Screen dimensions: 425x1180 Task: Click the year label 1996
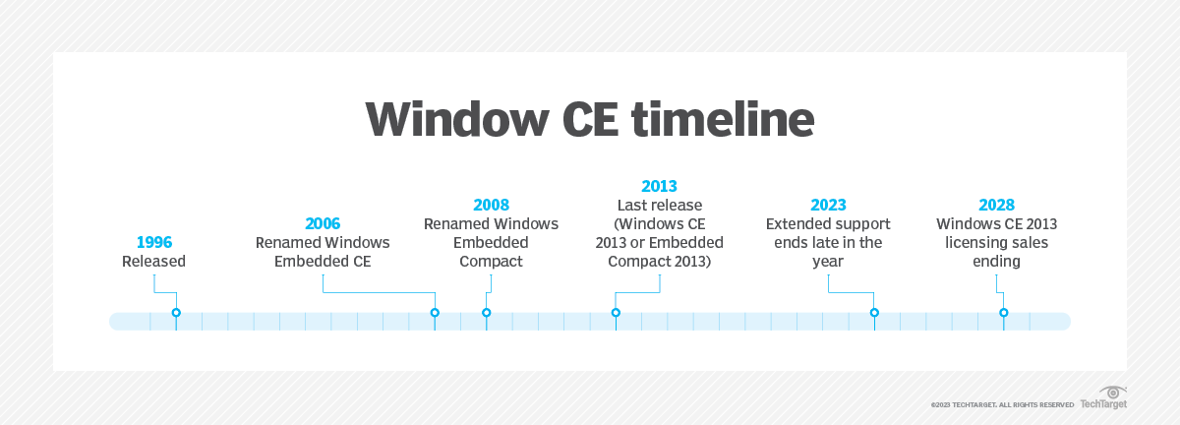coord(153,242)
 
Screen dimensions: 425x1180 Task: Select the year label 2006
coord(323,223)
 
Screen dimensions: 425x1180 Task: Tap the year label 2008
coord(491,205)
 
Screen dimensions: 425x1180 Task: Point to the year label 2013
coord(659,186)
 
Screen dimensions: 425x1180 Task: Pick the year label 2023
coord(828,205)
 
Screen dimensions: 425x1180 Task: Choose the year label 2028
coord(996,205)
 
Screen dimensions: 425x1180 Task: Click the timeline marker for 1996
coord(176,313)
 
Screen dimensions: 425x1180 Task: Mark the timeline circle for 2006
coord(435,313)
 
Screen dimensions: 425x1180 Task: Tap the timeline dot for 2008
coord(486,313)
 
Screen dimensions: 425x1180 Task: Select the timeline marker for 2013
coord(616,313)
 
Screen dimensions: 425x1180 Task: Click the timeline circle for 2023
coord(874,313)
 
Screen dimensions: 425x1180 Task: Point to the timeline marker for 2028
coord(1004,313)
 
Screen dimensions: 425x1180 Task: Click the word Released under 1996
coord(153,262)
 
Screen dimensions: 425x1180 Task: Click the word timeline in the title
coord(705,120)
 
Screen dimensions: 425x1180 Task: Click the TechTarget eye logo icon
coord(1112,392)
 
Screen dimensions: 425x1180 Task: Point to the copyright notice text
coord(1002,404)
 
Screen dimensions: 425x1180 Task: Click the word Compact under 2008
coord(491,262)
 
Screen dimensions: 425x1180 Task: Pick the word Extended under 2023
coord(797,223)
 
